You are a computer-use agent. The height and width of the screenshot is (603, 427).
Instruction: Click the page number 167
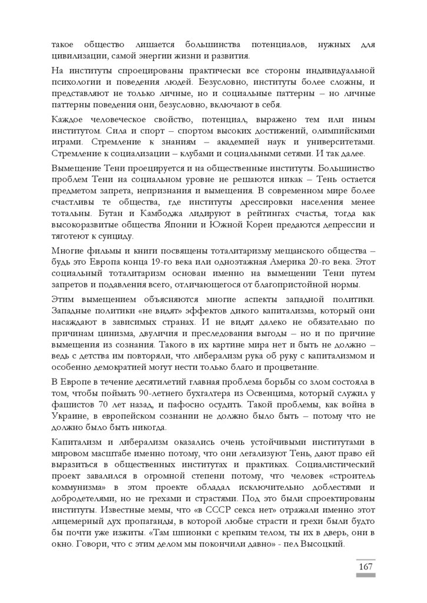pyautogui.click(x=366, y=566)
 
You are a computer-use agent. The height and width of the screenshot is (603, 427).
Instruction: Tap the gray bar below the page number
pyautogui.click(x=366, y=575)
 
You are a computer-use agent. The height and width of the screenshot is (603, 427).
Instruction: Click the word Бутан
pyautogui.click(x=64, y=216)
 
